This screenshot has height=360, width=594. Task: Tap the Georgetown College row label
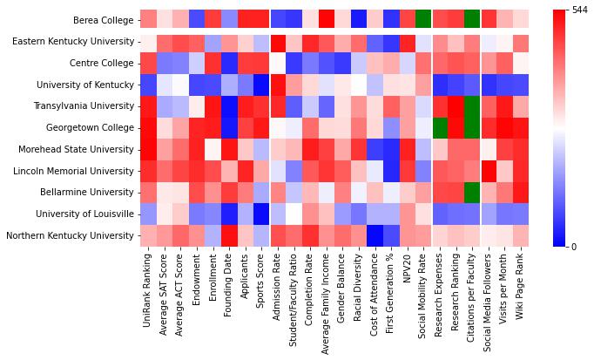pos(91,127)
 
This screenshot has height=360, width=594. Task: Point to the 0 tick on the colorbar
pos(575,247)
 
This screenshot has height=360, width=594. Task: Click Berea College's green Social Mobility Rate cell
pos(423,19)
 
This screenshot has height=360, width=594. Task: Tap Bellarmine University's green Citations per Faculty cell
pos(471,192)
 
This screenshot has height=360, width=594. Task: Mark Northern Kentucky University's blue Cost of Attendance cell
pos(375,235)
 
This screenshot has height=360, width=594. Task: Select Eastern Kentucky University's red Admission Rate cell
pos(278,41)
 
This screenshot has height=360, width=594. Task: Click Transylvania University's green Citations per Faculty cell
pos(471,105)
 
